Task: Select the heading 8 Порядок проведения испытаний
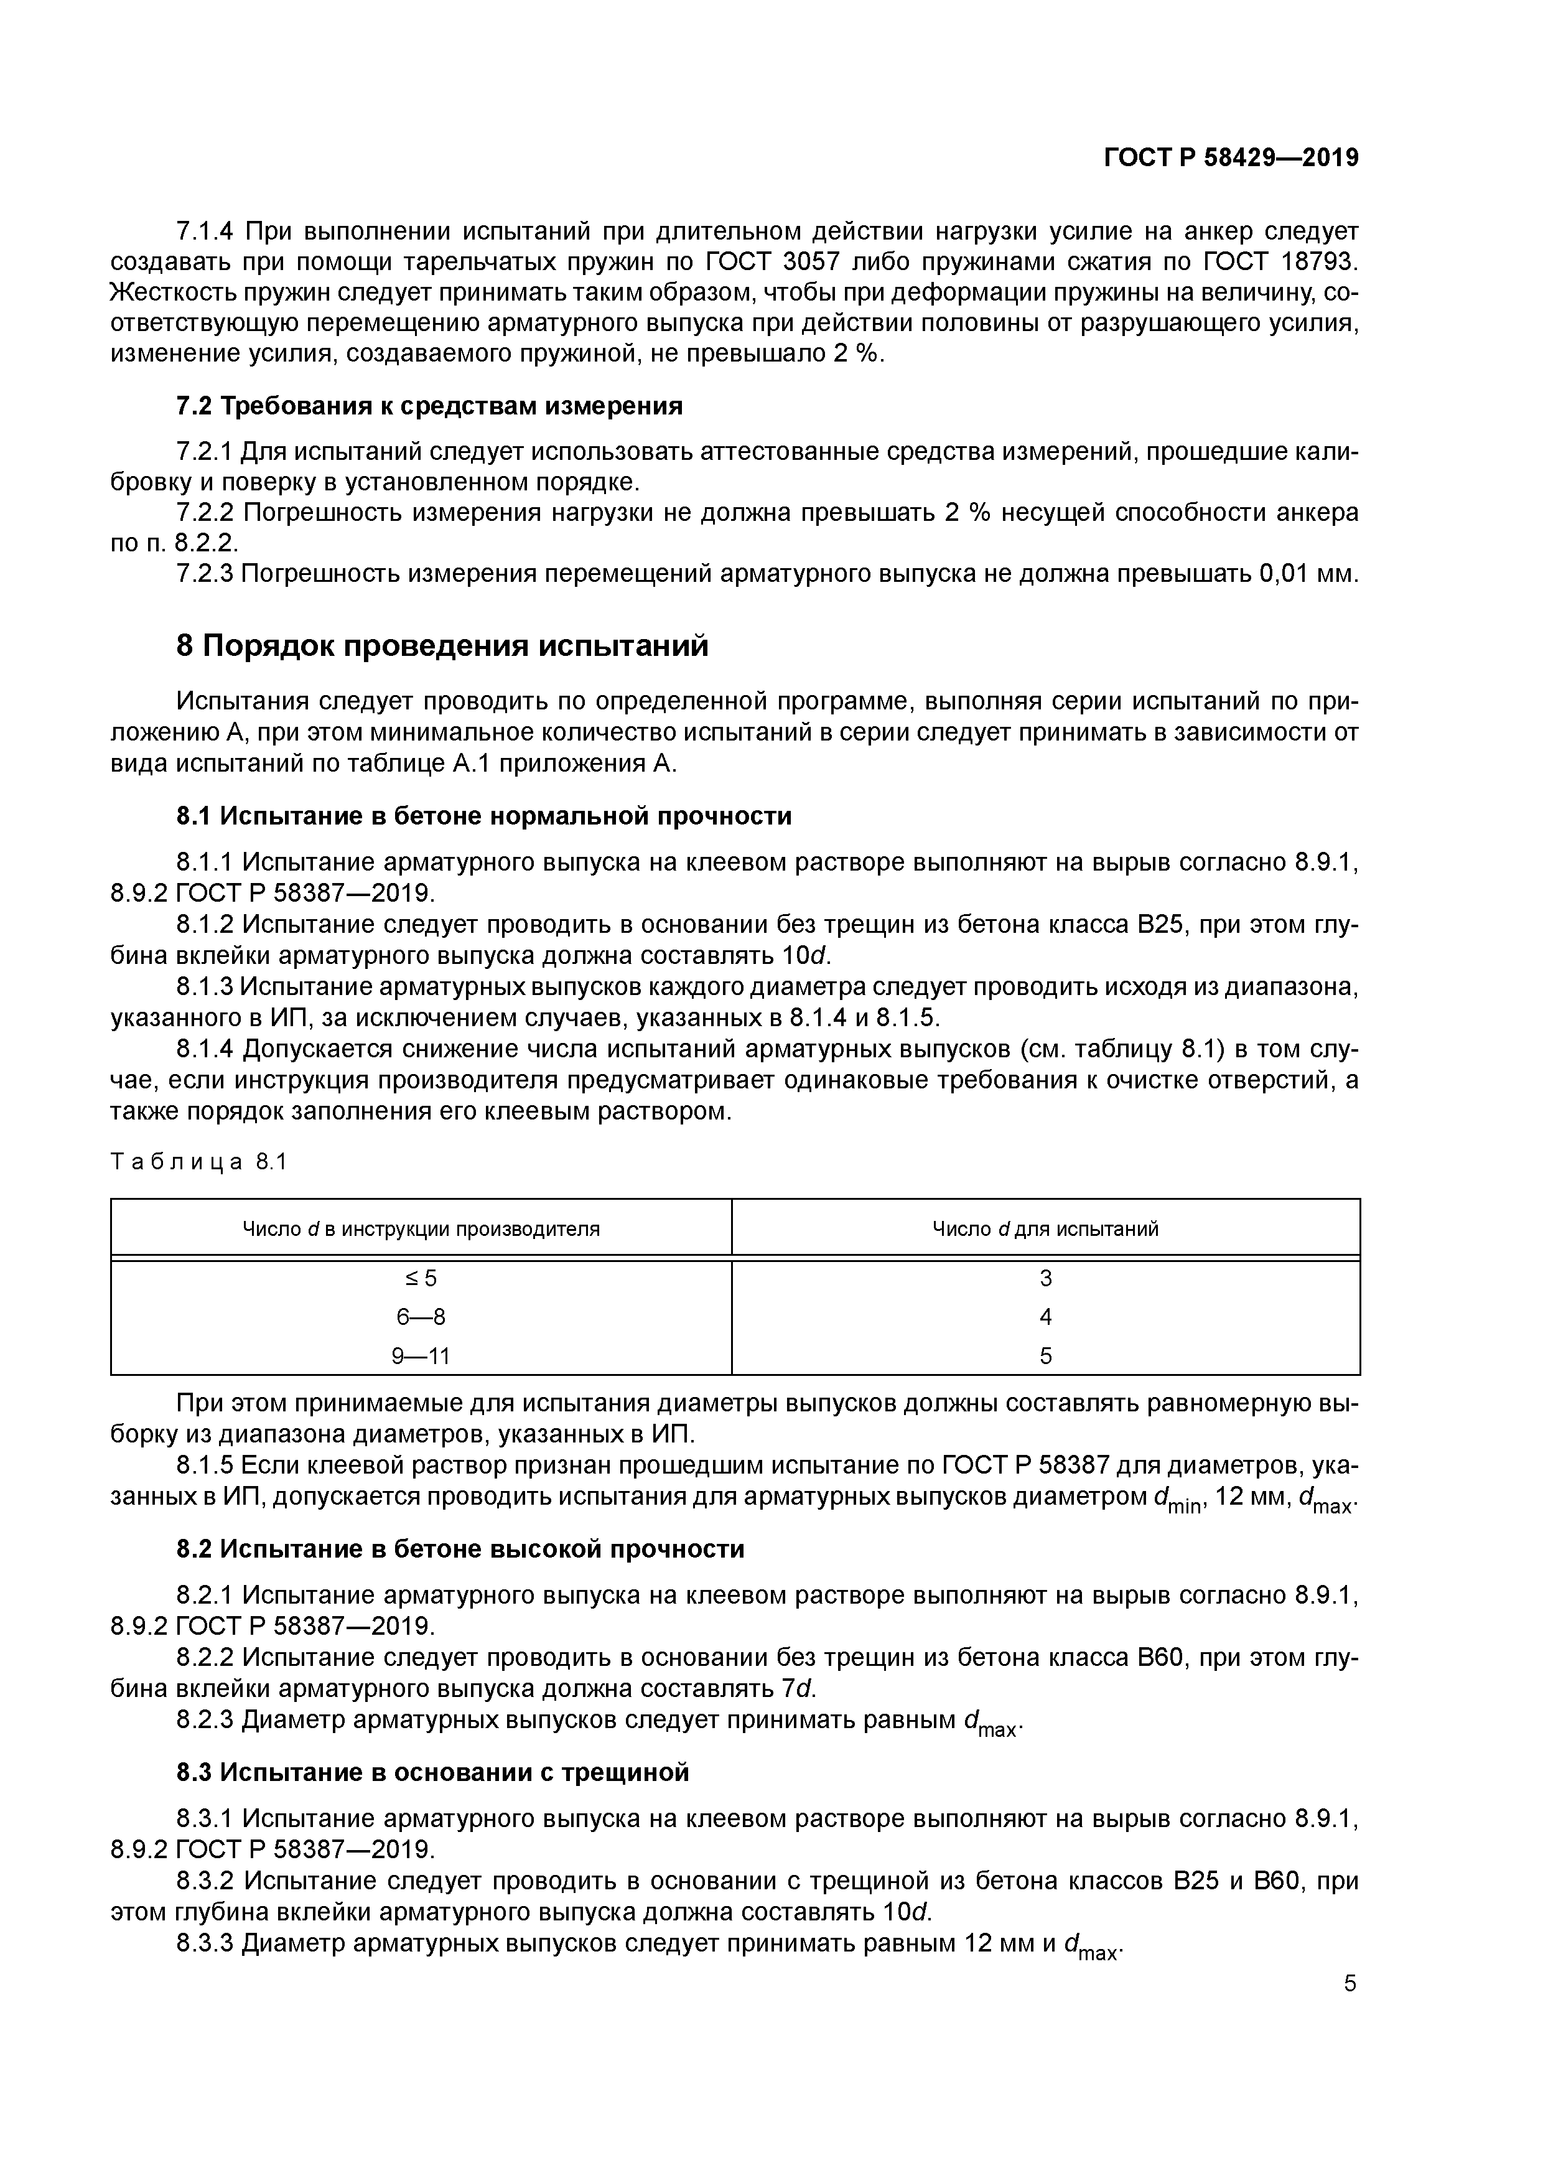(443, 645)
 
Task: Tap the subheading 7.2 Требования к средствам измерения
(430, 406)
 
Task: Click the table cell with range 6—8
(421, 1317)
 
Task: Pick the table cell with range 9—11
(421, 1356)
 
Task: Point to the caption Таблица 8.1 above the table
(198, 1162)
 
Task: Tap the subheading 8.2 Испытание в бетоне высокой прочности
(460, 1549)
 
